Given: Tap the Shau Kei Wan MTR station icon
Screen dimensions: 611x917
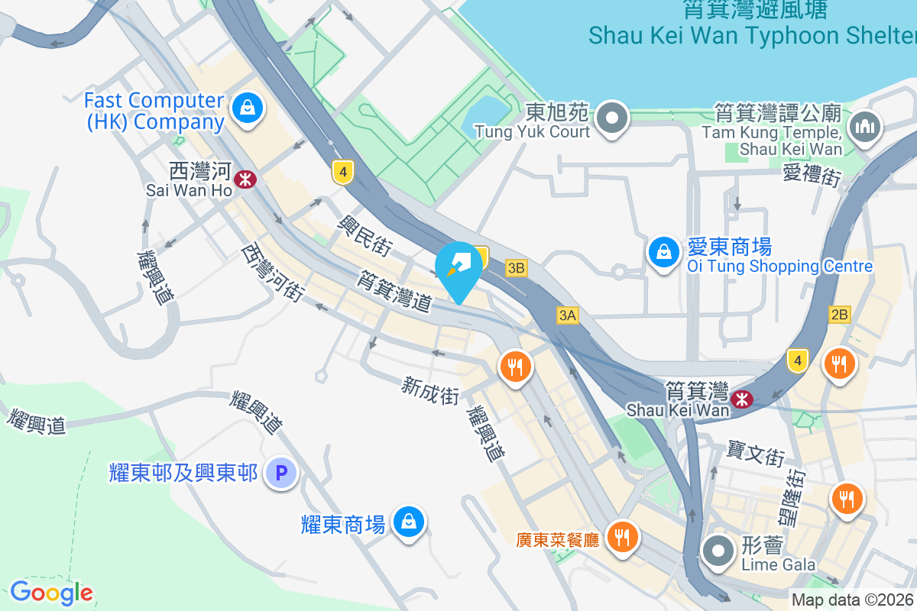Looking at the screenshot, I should tap(740, 398).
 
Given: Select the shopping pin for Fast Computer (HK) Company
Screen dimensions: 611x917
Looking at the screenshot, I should tap(248, 108).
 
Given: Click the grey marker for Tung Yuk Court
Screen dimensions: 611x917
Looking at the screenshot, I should tap(613, 118).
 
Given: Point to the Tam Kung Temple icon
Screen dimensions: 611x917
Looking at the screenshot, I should tap(865, 126).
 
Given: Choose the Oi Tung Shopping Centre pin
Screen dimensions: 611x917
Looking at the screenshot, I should tap(664, 252).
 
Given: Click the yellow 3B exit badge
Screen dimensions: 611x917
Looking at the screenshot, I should tap(517, 267).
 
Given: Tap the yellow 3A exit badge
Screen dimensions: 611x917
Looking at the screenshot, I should tap(567, 315).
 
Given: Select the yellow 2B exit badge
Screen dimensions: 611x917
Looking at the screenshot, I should tap(839, 315).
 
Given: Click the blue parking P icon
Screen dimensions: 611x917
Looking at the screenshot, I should tap(280, 474).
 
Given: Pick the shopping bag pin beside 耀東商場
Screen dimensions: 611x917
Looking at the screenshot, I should tap(408, 522).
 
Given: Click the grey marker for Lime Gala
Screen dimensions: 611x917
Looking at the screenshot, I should tap(718, 551).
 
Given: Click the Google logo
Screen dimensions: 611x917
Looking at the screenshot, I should tap(51, 592).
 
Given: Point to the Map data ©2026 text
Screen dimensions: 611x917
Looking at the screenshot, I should tap(852, 600).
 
